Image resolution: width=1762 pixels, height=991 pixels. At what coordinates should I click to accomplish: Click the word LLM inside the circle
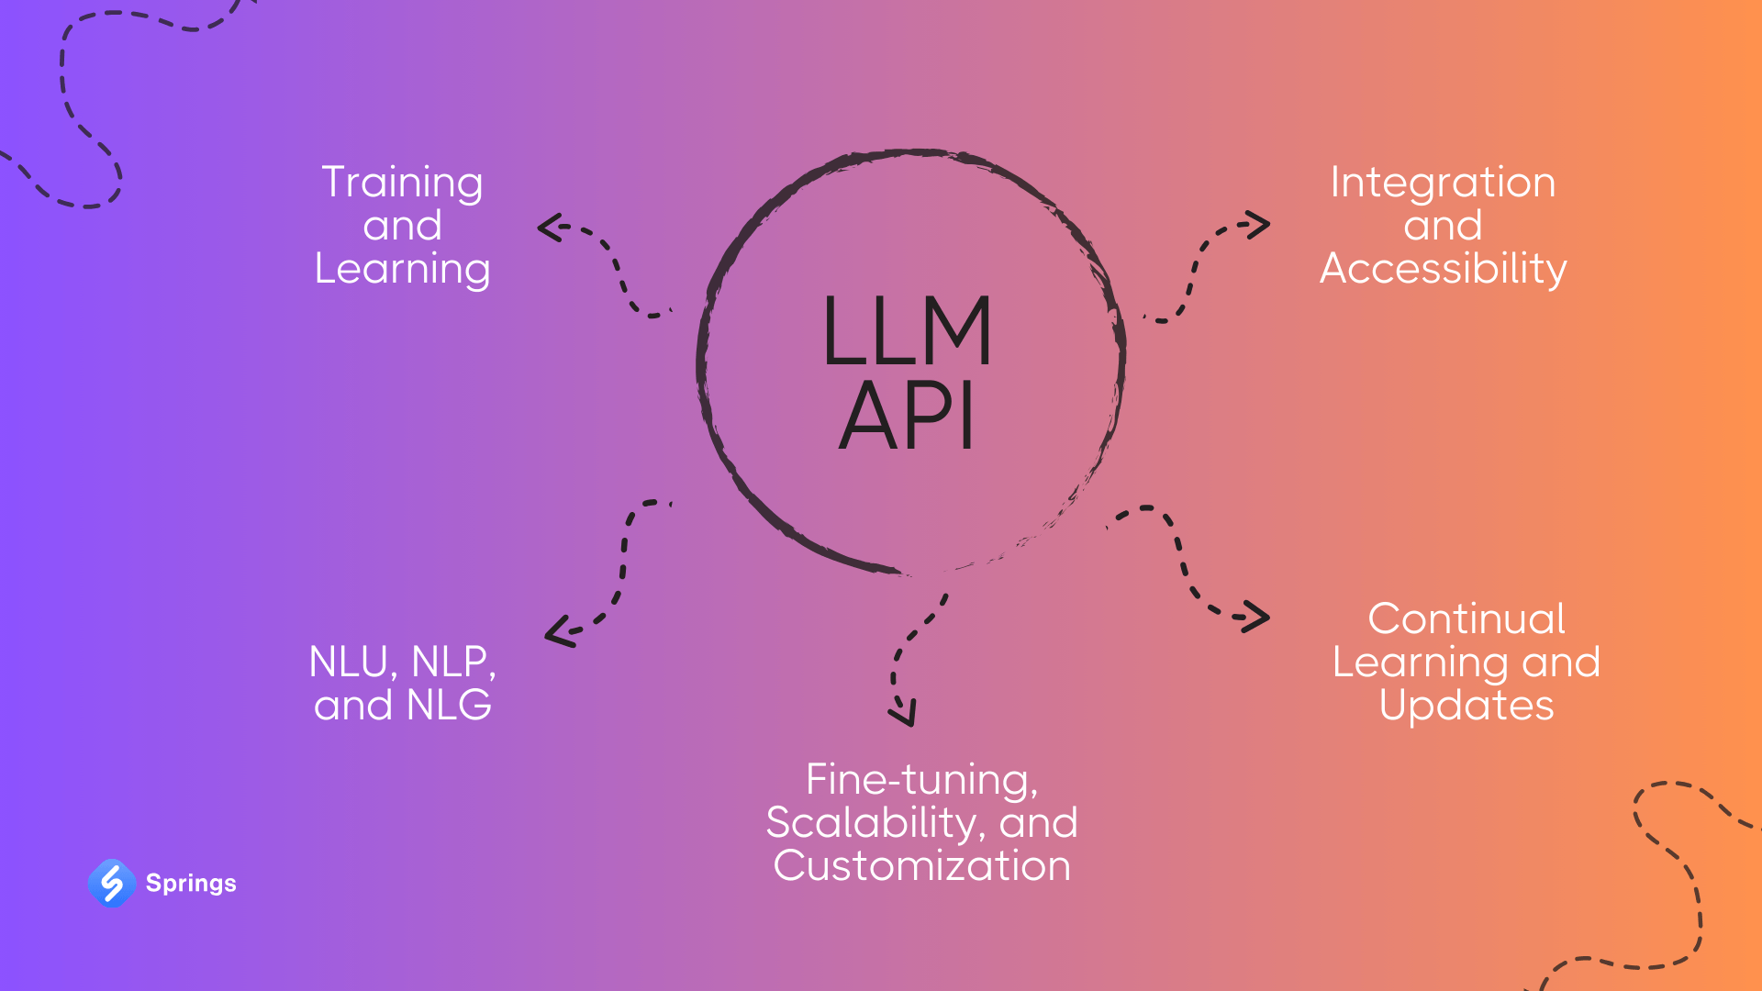click(907, 332)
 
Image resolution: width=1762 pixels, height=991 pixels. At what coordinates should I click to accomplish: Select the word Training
click(402, 183)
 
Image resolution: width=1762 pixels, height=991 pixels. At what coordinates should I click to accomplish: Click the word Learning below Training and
click(402, 269)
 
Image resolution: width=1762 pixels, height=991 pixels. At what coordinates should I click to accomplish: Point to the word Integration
click(1443, 183)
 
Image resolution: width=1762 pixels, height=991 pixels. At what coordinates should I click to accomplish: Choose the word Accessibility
click(1443, 269)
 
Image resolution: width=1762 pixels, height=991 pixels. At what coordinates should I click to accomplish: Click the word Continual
click(1466, 618)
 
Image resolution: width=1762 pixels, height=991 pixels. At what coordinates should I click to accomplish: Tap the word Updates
click(1466, 705)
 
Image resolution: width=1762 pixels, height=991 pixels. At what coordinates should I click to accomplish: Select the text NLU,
click(353, 663)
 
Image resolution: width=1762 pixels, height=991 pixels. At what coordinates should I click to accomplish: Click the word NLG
click(449, 705)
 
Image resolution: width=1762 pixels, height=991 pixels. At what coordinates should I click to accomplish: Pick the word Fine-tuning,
click(921, 780)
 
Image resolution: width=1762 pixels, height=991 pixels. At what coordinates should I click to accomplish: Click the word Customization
click(921, 865)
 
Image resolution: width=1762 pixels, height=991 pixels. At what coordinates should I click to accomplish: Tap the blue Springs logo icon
click(112, 883)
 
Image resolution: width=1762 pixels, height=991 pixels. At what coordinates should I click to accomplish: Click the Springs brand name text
click(191, 883)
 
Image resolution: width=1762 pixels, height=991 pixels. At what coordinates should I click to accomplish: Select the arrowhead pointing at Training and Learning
click(549, 227)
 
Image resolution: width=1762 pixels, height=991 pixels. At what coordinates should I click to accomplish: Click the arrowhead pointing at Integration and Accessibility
click(1259, 224)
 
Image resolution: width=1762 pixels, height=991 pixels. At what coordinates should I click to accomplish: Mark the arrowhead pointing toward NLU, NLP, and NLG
click(556, 632)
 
